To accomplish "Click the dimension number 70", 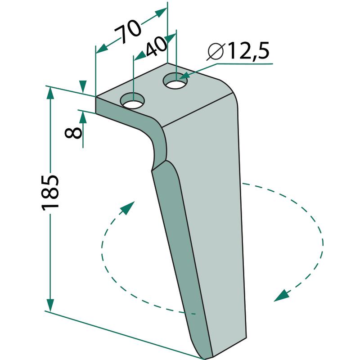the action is click(127, 31).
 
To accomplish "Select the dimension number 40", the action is click(156, 47).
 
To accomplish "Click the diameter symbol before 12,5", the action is click(215, 52).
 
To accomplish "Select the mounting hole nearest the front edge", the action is click(133, 101).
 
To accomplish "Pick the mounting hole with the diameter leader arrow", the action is click(175, 81).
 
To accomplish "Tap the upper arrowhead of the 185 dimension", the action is click(50, 93).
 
